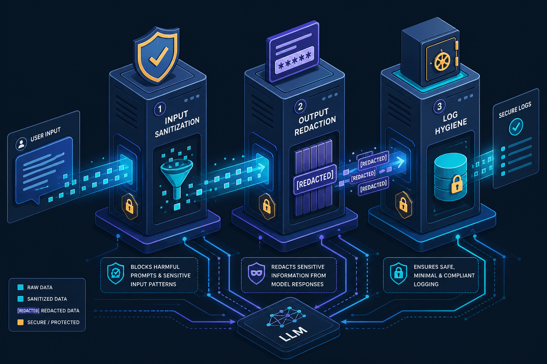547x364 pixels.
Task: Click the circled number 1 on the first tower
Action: [160, 108]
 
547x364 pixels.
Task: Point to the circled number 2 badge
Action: [300, 106]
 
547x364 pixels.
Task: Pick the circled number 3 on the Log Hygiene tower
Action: [439, 106]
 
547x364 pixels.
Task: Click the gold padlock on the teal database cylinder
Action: [457, 184]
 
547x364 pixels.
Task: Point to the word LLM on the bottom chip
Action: [293, 333]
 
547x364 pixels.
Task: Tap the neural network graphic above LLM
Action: [287, 316]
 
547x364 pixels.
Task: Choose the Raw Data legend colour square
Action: [21, 287]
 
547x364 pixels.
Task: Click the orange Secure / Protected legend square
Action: [21, 322]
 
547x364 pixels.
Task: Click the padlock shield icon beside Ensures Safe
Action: [398, 274]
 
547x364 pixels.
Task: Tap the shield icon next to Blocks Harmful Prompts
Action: [115, 273]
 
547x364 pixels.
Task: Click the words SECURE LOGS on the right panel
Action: [515, 110]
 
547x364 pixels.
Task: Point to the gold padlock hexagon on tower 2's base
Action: [267, 207]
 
